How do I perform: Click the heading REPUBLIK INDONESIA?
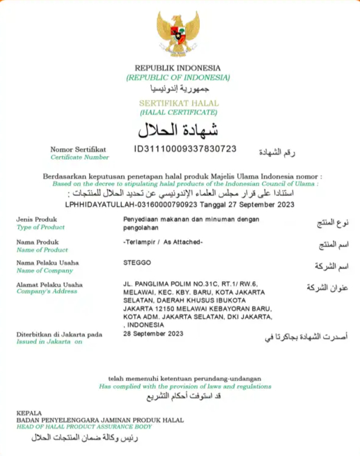(178, 68)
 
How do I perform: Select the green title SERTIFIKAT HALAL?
(178, 103)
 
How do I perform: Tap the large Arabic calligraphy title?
(178, 129)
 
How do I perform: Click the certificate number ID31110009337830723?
(185, 148)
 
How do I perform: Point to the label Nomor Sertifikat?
(78, 149)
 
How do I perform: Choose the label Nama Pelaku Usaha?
(48, 263)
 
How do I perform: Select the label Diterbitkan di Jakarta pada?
(59, 334)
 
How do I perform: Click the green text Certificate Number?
(79, 157)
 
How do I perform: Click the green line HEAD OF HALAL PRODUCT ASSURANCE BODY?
(84, 427)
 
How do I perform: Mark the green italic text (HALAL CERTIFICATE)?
(178, 112)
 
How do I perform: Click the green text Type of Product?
(41, 227)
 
